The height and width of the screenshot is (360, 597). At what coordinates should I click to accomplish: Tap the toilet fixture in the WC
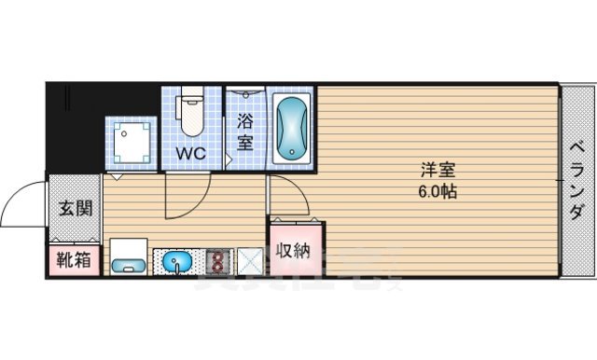(190, 112)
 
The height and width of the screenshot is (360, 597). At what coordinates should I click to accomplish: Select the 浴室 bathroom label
(246, 132)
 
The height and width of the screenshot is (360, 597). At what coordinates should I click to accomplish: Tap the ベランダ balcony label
(577, 180)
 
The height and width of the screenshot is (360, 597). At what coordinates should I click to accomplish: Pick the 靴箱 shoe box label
(74, 261)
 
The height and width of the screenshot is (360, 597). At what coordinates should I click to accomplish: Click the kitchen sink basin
(177, 262)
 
